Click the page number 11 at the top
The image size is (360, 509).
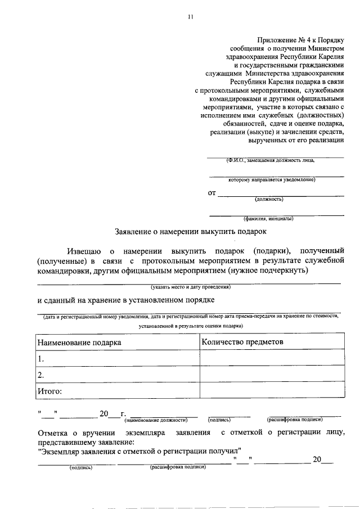pos(191,17)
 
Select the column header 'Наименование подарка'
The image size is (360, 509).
pos(79,342)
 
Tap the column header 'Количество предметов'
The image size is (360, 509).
pos(242,341)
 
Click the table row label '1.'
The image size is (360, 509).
pos(40,358)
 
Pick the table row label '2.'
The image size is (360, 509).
pos(40,374)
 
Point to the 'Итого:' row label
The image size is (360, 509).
pos(49,390)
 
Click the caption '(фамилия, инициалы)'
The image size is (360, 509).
pos(268,218)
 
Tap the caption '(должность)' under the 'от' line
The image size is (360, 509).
pos(268,199)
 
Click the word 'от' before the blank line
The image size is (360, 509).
pos(212,193)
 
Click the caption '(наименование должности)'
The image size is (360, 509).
pos(156,420)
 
